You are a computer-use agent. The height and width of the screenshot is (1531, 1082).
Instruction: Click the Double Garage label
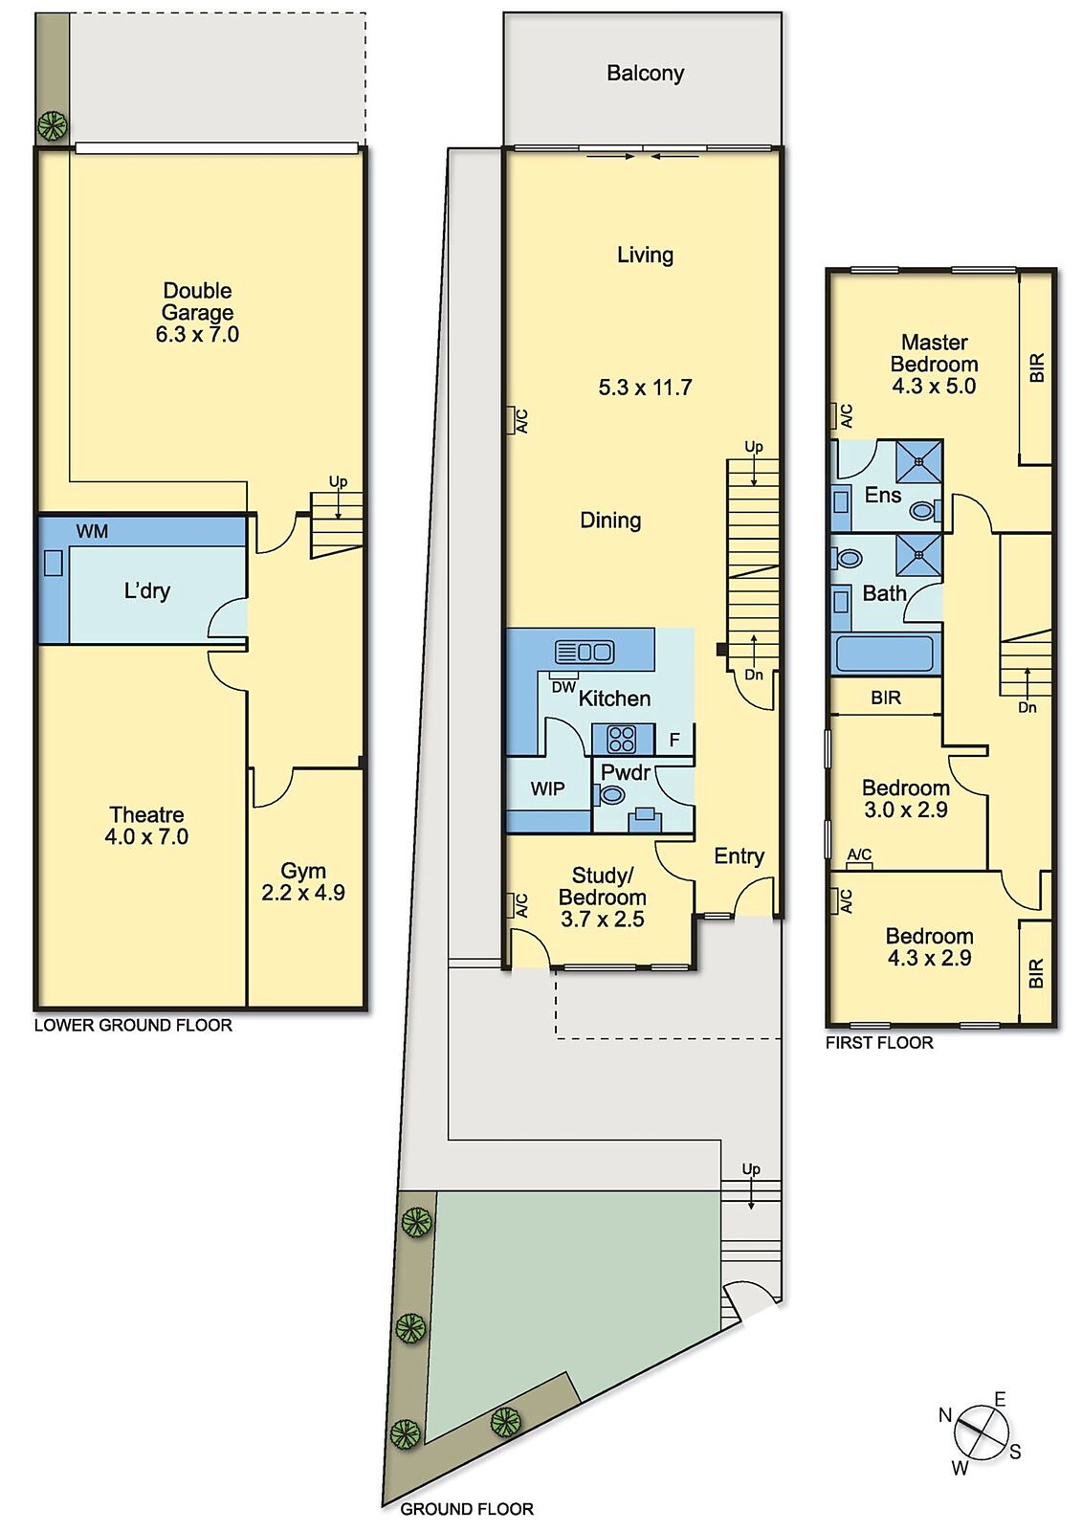pos(197,312)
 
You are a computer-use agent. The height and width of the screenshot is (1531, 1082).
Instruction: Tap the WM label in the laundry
pos(92,532)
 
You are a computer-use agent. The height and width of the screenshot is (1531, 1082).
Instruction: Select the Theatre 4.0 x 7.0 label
pos(146,826)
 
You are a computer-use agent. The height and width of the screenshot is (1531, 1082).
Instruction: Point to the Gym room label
pos(303,881)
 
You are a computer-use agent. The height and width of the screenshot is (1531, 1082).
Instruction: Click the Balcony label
pos(645,74)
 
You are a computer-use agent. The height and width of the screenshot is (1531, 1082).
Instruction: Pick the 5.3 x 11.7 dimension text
pos(645,388)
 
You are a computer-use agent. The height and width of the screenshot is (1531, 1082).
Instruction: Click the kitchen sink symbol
pos(585,653)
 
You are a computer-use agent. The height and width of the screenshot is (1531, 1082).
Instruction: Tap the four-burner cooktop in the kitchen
pos(622,739)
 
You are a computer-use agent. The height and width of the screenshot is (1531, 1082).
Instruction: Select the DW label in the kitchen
pos(563,686)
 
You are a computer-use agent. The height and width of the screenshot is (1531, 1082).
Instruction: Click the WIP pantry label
pos(547,788)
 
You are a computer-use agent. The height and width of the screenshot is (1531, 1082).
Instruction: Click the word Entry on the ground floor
pos(739,856)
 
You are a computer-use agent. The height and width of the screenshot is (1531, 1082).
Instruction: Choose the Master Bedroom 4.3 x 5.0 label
pos(934,364)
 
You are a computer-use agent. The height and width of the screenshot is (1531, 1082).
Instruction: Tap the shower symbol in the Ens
pos(918,462)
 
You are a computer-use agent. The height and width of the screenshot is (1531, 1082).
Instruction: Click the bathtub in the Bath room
pos(883,655)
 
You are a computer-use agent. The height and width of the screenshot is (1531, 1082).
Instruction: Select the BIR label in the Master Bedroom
pos(1037,368)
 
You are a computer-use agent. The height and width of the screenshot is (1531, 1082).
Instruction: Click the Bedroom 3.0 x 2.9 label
pos(905,799)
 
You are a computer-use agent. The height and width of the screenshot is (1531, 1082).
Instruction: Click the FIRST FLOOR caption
pos(879,1043)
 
